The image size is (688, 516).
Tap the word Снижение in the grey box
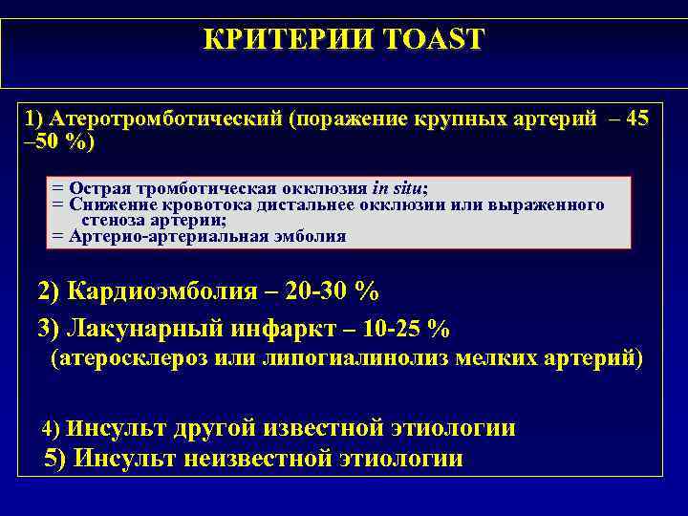tap(106, 204)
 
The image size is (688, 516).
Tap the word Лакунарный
tap(144, 328)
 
